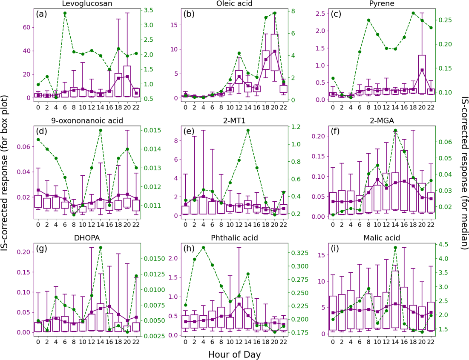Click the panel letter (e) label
(x=189, y=131)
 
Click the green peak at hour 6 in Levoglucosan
(x=65, y=13)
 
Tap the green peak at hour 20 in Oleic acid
(x=275, y=13)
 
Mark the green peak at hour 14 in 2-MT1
(x=248, y=130)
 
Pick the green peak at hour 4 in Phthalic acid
(x=203, y=248)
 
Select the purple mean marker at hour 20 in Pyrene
(x=422, y=70)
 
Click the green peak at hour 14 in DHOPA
(x=101, y=248)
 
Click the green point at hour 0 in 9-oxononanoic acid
(x=38, y=140)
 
